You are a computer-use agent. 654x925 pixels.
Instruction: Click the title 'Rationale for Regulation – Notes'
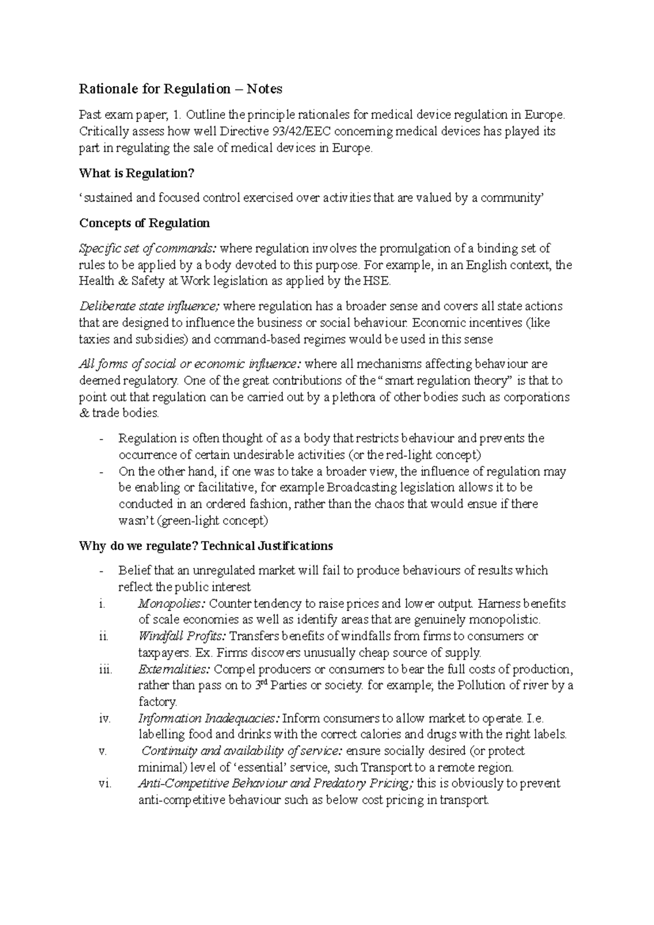(x=180, y=89)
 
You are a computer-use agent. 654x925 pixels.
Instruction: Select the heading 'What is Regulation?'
(x=136, y=173)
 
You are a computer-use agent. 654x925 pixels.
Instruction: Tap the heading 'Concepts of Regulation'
(x=144, y=223)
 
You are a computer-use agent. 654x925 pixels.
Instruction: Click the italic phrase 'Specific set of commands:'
(x=148, y=249)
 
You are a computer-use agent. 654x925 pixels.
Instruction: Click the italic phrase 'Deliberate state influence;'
(x=150, y=306)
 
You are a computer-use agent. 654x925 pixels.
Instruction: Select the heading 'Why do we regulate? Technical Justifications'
(x=205, y=546)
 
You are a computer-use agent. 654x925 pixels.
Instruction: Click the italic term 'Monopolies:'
(x=172, y=604)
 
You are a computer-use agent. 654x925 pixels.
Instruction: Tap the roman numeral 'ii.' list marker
(x=104, y=636)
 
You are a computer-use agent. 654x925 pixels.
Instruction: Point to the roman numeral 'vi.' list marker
(x=105, y=784)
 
